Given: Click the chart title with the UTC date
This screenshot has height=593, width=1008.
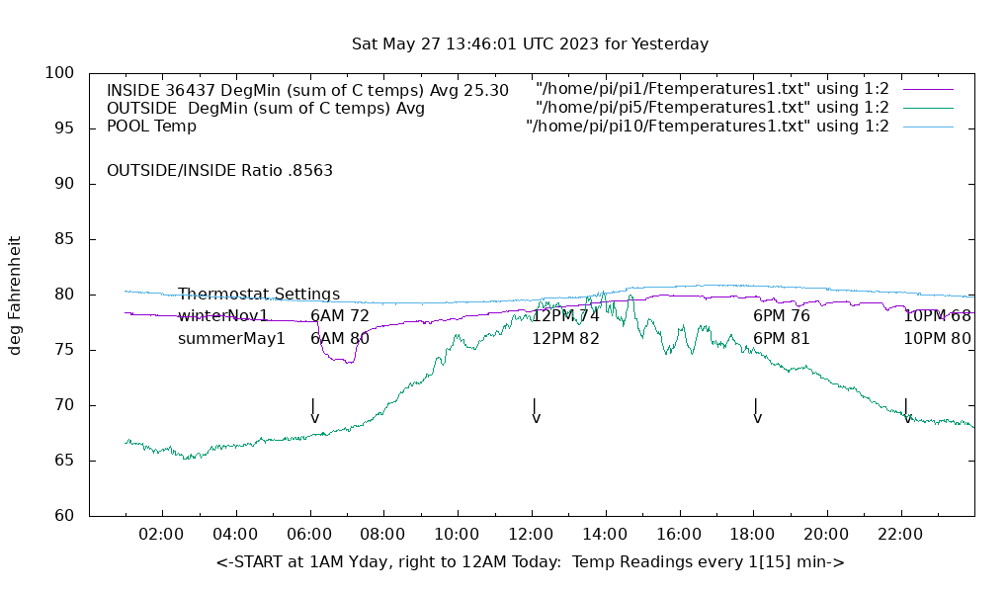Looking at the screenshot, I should tap(530, 44).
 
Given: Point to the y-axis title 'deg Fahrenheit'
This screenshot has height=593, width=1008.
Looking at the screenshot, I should tap(15, 295).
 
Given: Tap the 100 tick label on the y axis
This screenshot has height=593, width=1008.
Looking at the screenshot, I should tap(60, 73).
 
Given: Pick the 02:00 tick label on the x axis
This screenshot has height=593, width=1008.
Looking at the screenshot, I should tap(161, 535).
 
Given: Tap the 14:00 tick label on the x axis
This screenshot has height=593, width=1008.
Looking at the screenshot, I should tap(605, 535).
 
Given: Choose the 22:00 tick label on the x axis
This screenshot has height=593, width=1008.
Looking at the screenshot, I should tap(900, 535).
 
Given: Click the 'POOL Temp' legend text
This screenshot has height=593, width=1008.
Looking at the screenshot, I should tap(151, 127).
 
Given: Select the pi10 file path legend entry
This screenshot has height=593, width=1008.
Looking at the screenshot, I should tap(708, 127).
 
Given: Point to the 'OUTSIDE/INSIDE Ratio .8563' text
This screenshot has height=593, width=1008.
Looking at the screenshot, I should tap(219, 170).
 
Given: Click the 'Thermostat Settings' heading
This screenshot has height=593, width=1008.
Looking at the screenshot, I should tap(259, 295).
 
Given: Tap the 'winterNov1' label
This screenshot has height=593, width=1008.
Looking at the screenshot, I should tap(222, 316).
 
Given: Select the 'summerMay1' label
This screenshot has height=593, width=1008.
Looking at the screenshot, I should tap(231, 338).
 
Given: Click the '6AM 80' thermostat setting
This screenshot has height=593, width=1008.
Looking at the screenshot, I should tap(340, 338).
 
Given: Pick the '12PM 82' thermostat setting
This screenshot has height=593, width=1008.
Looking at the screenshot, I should tap(565, 338).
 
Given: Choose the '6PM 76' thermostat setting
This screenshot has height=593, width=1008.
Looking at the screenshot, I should tap(781, 316).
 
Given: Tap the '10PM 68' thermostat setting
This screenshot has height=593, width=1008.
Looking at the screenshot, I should tap(937, 316).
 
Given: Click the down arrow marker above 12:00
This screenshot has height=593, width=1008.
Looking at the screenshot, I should tap(535, 411).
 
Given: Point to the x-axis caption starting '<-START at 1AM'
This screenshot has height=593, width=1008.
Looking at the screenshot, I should tap(530, 562).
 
